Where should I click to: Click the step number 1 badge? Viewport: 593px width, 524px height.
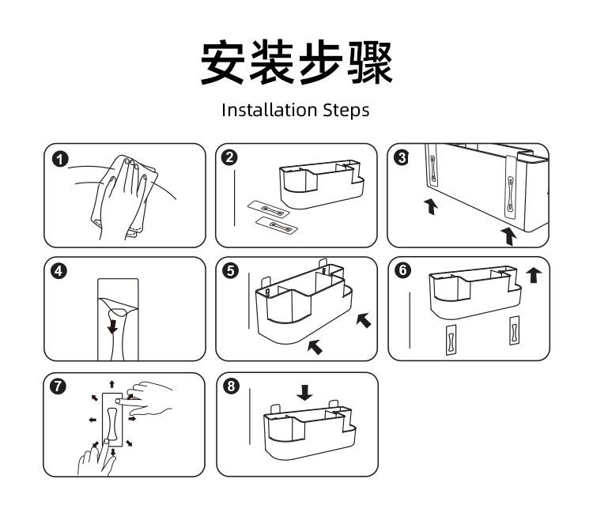coord(60,160)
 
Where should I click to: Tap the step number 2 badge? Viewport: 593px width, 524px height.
coord(230,157)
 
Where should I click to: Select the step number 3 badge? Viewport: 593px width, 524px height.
coord(402,157)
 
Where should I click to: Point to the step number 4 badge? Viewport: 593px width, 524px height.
coord(59,271)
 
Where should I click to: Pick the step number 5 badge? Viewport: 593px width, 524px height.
coord(231,271)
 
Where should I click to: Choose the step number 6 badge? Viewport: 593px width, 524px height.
coord(402,270)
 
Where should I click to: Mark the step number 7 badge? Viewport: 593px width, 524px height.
coord(59,386)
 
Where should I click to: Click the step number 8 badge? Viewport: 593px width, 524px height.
coord(231,386)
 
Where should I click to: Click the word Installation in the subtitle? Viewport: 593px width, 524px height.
coord(270,111)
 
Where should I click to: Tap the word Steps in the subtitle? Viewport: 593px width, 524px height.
coord(346,111)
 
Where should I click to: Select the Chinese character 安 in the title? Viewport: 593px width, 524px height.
coord(223,62)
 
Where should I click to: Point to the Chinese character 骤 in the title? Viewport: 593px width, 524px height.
coord(370,62)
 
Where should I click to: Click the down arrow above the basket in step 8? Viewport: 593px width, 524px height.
coord(304,393)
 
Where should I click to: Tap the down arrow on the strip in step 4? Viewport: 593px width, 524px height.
coord(113,326)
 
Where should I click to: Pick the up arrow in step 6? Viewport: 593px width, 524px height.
coord(534,275)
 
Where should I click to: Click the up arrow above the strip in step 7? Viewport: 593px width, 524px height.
coord(112,384)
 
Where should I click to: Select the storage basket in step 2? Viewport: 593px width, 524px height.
coord(322,184)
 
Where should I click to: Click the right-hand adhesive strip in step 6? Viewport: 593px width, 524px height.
coord(514,330)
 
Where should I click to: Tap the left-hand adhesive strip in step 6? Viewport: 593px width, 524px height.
coord(451,340)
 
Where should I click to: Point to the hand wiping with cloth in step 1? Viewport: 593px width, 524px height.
coord(125,198)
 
